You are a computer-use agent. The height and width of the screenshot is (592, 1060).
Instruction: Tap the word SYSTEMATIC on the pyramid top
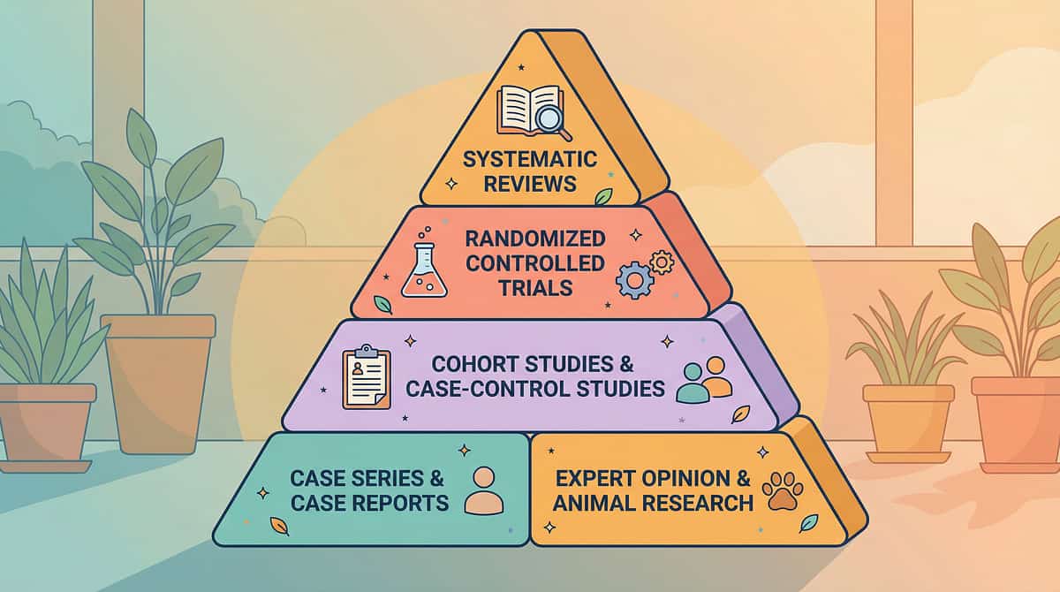(x=531, y=160)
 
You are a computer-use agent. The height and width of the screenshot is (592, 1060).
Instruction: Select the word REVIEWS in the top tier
(x=531, y=184)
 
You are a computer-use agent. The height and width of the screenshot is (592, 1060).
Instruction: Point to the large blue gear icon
(x=634, y=279)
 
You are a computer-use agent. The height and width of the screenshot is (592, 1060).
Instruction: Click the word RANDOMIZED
(x=535, y=239)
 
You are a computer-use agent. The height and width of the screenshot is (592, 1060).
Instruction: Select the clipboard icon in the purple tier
(x=366, y=378)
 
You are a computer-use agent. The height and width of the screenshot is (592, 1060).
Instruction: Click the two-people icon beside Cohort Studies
(x=704, y=380)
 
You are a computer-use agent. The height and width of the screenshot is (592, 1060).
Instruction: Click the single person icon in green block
(x=483, y=491)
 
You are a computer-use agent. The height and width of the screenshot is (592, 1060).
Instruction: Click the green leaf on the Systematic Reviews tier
(x=603, y=196)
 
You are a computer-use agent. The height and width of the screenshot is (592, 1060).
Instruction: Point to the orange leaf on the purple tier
(x=740, y=414)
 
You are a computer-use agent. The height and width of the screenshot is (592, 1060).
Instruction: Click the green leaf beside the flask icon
(x=382, y=305)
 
